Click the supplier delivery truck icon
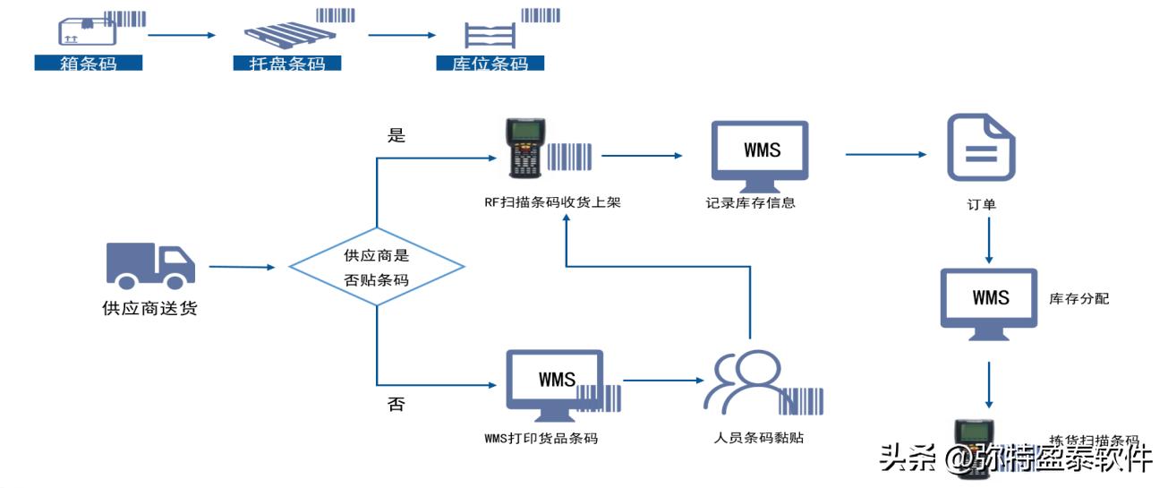(x=150, y=265)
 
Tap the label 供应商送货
(x=149, y=309)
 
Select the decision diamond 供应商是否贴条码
(x=376, y=267)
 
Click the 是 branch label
(x=396, y=135)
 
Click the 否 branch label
(x=396, y=404)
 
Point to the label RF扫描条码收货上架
(x=552, y=202)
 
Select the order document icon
(x=982, y=147)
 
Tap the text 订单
(x=982, y=205)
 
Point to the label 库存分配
(x=1078, y=298)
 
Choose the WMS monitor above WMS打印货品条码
(x=555, y=384)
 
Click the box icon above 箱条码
(x=87, y=31)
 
